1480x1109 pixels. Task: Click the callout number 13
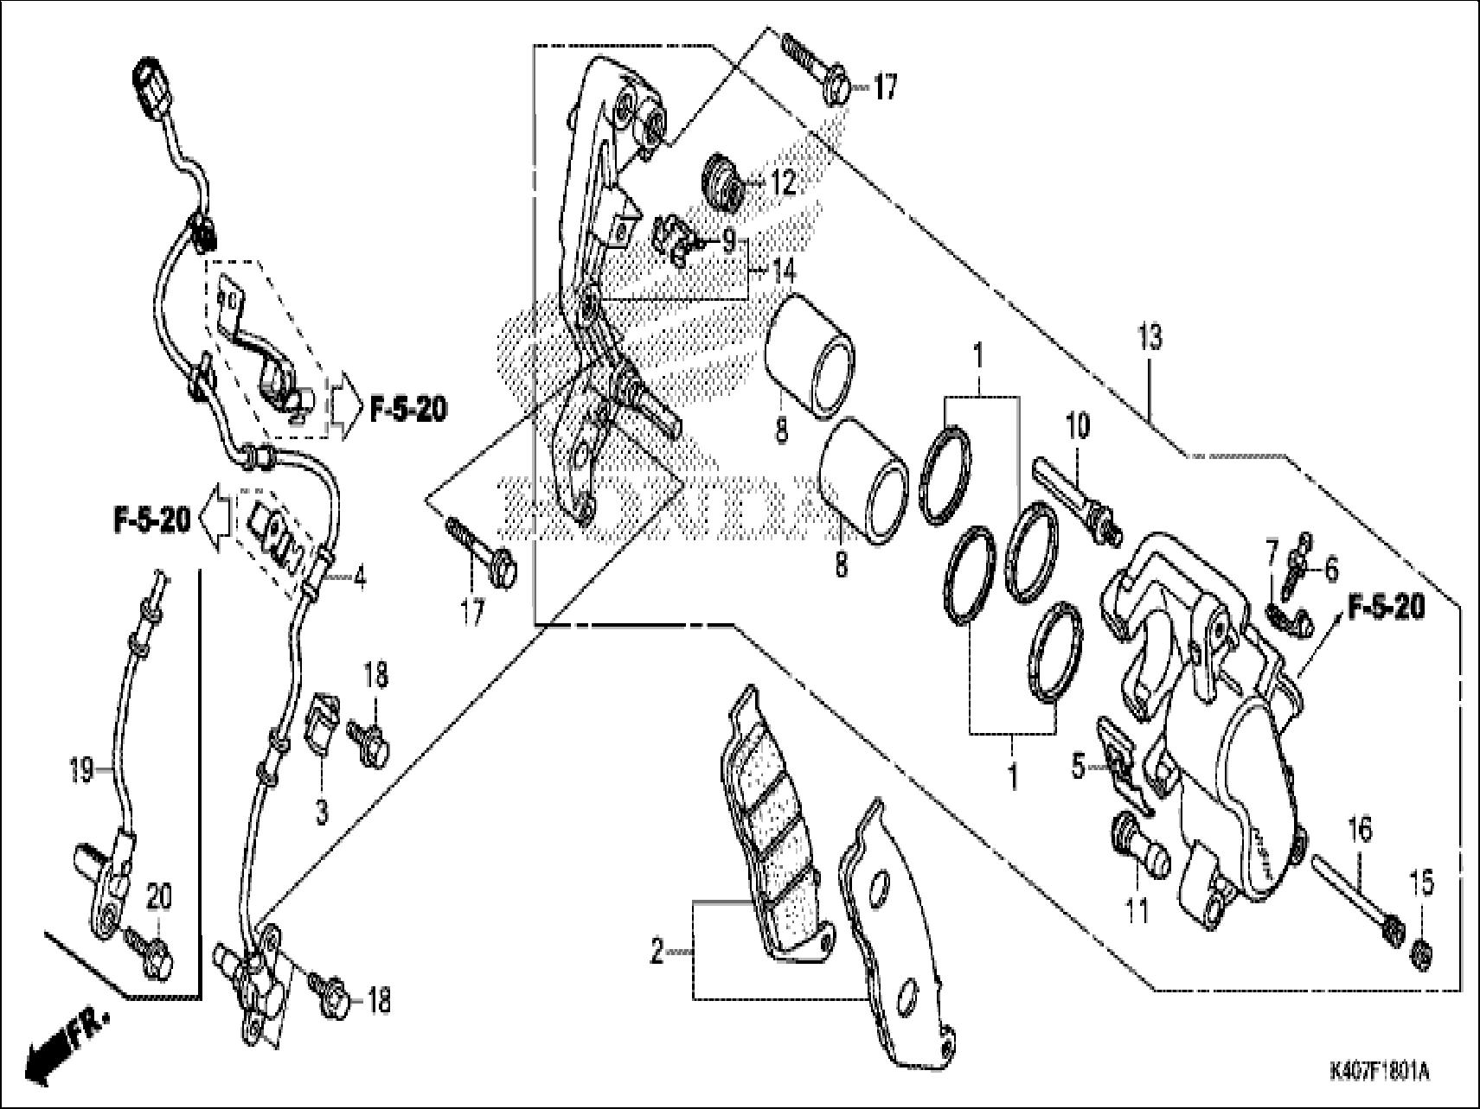point(1150,338)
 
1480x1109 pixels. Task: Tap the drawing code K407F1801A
point(1379,1074)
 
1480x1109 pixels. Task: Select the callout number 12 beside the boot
point(783,184)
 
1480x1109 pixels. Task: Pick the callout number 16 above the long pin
point(1360,832)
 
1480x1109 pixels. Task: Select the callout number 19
point(81,769)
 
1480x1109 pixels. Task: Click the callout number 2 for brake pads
point(657,953)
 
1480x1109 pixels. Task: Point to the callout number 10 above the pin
point(1079,427)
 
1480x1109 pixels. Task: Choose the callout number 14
point(783,272)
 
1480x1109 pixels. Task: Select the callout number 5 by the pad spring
point(1078,767)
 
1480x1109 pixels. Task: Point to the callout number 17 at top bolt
point(886,87)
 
